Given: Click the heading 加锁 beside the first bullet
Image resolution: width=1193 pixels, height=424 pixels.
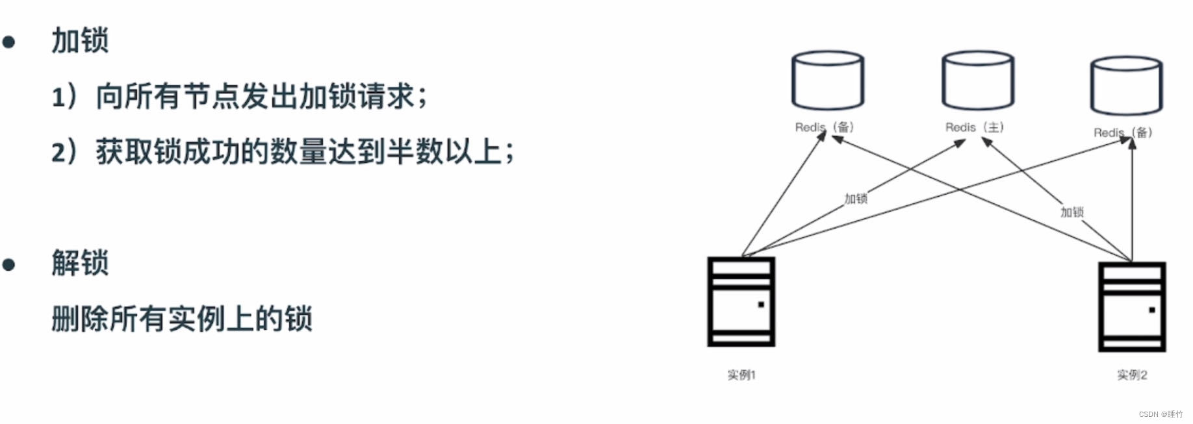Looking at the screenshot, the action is tap(80, 40).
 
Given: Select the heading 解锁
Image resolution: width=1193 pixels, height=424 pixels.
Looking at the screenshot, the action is tap(80, 263).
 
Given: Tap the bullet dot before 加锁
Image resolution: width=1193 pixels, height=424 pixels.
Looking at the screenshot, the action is tap(9, 42).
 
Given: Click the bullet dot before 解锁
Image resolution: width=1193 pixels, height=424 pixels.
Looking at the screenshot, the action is tap(9, 264).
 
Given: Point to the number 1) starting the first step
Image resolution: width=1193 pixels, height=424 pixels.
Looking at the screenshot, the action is tap(64, 97).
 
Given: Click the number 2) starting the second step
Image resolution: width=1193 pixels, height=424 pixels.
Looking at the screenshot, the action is tap(64, 153).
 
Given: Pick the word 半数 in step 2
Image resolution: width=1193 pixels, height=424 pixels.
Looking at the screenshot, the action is tap(415, 153).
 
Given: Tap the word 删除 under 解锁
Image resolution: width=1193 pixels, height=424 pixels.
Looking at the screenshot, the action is tap(80, 319).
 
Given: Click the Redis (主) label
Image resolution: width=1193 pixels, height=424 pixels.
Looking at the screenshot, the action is tap(975, 127).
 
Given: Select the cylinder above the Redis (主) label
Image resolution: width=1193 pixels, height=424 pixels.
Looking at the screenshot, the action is tap(978, 81).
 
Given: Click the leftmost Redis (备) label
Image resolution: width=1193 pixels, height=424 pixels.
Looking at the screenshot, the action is tap(825, 127).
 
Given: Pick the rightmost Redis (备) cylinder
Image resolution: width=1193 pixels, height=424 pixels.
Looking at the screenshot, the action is tap(1126, 86).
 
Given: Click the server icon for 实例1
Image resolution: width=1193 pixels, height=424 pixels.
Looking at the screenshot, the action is tap(741, 302).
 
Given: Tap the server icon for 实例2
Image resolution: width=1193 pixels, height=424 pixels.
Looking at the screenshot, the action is tap(1132, 306).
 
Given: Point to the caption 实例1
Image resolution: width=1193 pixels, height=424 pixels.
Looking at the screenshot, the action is tap(741, 375).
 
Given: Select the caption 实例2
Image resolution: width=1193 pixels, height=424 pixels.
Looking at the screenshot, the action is tap(1132, 375).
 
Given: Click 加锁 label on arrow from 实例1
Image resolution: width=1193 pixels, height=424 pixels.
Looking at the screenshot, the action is tap(856, 199).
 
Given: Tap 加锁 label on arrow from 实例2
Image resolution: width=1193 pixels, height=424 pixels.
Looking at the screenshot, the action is tap(1072, 212).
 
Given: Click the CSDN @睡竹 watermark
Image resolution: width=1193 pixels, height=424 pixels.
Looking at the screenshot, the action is tap(1161, 414).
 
